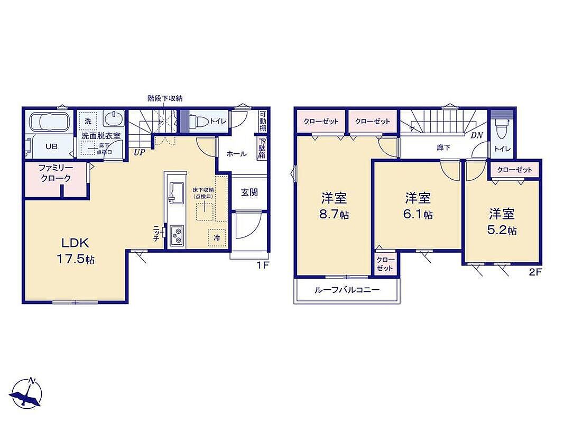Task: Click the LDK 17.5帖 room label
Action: click(x=75, y=250)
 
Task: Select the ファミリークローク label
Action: click(x=56, y=173)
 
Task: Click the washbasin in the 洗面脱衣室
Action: click(x=114, y=118)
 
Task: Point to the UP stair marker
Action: click(x=140, y=152)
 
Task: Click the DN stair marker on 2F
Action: click(x=477, y=135)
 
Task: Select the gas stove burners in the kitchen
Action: click(x=177, y=236)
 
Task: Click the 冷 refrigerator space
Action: click(x=217, y=238)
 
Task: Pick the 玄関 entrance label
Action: click(x=249, y=192)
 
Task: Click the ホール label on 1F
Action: click(x=236, y=154)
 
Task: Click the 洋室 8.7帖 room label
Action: click(x=334, y=206)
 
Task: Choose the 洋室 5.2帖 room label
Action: click(x=502, y=222)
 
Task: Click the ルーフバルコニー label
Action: click(x=347, y=290)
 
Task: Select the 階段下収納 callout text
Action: click(x=165, y=98)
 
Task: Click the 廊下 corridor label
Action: click(x=443, y=148)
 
